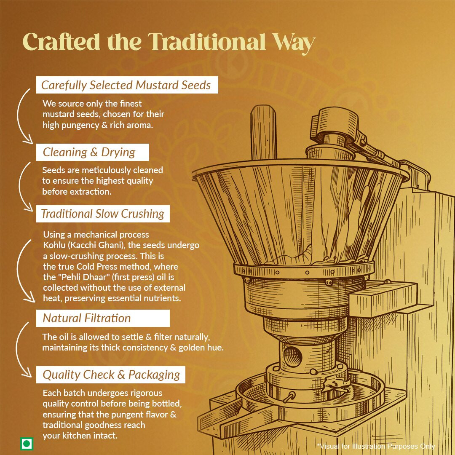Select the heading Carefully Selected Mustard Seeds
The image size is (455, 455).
click(x=126, y=85)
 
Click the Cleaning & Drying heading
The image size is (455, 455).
click(x=89, y=153)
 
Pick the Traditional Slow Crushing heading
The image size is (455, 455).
click(x=103, y=214)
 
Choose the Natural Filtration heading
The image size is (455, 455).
click(x=87, y=318)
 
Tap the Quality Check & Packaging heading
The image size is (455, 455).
click(x=111, y=375)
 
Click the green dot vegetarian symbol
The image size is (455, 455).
click(x=27, y=444)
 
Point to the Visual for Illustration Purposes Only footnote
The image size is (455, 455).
click(x=376, y=446)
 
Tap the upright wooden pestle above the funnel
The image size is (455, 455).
click(x=263, y=132)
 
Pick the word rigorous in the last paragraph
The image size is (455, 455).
click(x=146, y=393)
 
